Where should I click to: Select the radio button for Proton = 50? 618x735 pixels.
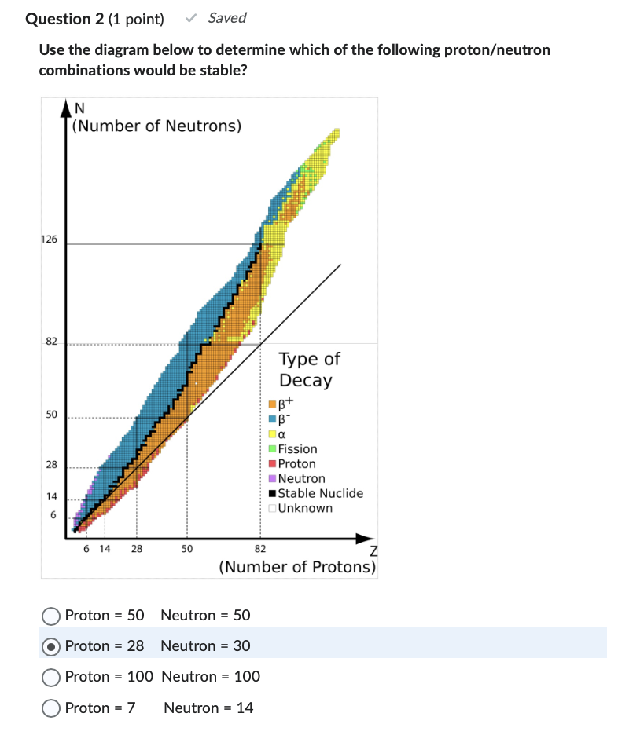click(x=51, y=615)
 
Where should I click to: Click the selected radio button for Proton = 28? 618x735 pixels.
click(x=51, y=646)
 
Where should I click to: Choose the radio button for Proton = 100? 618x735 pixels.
click(x=51, y=677)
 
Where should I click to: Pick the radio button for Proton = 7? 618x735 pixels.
click(x=51, y=708)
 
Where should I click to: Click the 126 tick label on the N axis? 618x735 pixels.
click(x=49, y=240)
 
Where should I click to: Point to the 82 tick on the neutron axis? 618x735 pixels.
click(x=51, y=342)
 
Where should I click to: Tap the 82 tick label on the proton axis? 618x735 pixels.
click(x=260, y=548)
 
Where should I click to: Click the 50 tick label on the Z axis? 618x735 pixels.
click(x=187, y=548)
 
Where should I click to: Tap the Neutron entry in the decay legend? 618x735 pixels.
click(x=301, y=478)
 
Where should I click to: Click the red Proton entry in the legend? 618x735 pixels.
click(x=296, y=463)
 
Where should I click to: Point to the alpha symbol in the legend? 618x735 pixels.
click(x=281, y=434)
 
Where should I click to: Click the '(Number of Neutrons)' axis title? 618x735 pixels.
click(x=156, y=126)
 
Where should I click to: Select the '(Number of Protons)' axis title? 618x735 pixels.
click(x=297, y=567)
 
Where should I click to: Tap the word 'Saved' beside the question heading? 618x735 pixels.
click(x=227, y=18)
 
